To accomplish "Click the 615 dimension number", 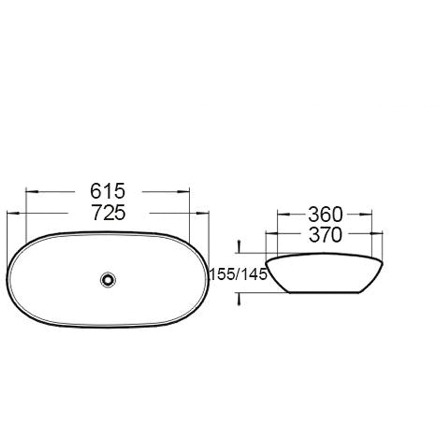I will click(x=108, y=190).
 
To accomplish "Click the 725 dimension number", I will click(x=108, y=213).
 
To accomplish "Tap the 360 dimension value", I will click(x=325, y=213).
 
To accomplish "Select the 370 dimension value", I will click(x=325, y=235).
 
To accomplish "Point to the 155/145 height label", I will click(x=238, y=275).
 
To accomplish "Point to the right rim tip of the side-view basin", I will click(x=382, y=263).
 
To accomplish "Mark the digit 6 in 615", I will click(x=97, y=190).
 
